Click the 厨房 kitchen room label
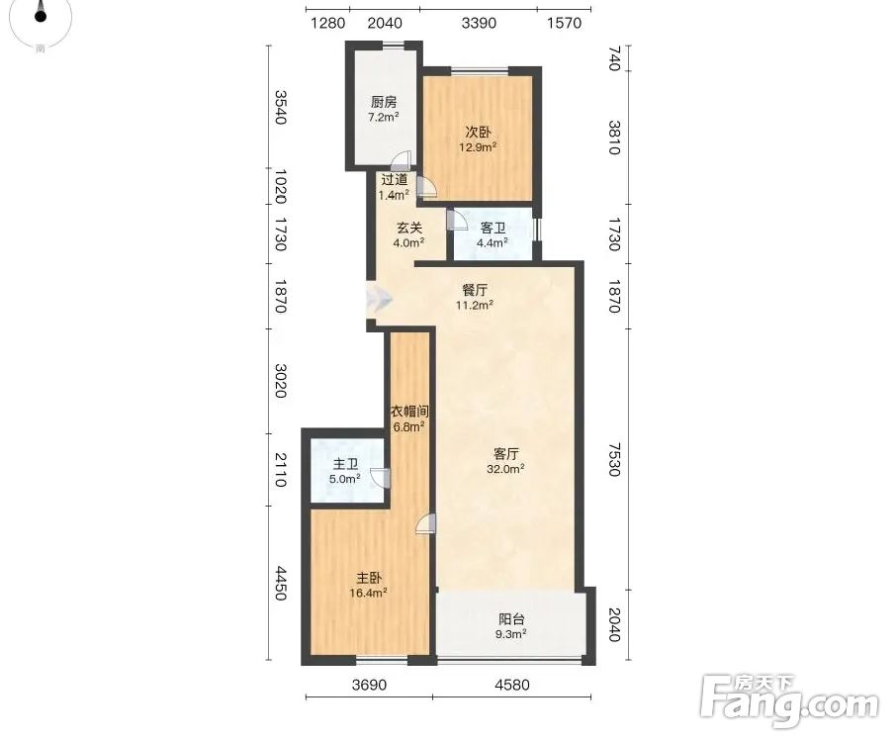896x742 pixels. click(x=384, y=102)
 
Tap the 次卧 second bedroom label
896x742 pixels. click(x=478, y=132)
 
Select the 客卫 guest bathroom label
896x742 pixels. click(x=493, y=229)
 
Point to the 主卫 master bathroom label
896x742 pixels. click(x=345, y=464)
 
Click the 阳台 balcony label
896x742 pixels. click(x=511, y=619)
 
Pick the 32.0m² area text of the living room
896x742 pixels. click(x=505, y=469)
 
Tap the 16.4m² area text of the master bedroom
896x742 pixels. click(x=369, y=593)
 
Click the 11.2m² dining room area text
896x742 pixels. click(x=475, y=305)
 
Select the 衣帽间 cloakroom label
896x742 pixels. click(x=409, y=411)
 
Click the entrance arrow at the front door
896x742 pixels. click(x=381, y=298)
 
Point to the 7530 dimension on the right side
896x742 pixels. click(x=614, y=459)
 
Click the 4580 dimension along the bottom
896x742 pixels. click(x=512, y=685)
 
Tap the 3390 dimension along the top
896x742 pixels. click(x=479, y=23)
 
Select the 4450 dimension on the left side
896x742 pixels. click(x=280, y=583)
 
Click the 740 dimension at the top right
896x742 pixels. click(x=614, y=58)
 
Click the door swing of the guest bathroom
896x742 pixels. click(x=456, y=220)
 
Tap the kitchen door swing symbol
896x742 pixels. click(x=402, y=161)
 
